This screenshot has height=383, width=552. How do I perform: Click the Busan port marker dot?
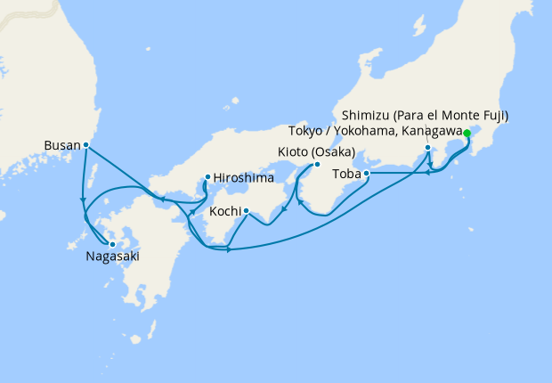point(86,144)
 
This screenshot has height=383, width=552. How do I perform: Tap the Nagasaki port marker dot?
point(112,243)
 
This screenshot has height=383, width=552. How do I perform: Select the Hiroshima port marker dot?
point(207,176)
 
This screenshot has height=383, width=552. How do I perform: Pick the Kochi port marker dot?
point(246,211)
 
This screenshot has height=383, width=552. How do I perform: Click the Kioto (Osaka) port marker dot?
point(316,165)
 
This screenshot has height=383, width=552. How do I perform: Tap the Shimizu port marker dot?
point(428,148)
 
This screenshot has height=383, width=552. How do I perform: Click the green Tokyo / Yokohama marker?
point(467,134)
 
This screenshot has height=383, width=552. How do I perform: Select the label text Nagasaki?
point(112,257)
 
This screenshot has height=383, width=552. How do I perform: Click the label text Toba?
point(347,175)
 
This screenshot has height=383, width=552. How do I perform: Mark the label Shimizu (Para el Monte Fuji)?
point(426,117)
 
